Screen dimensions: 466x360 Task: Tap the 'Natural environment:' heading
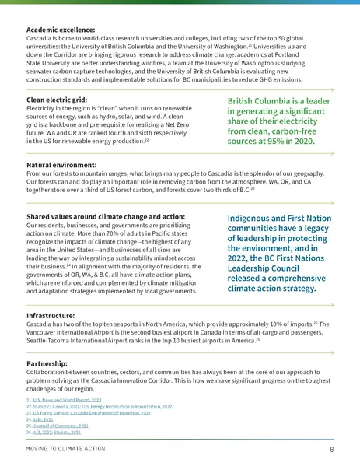tap(59, 166)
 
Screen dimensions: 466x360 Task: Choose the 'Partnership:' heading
tap(46, 363)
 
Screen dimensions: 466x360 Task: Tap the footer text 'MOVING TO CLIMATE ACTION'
tap(64, 450)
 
